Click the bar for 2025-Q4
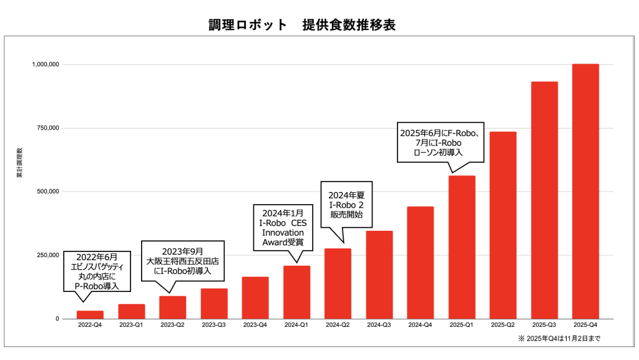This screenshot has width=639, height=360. (x=585, y=191)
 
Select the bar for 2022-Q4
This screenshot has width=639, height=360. (x=90, y=314)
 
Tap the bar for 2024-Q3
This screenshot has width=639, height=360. (x=379, y=275)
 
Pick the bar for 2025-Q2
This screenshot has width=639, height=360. (x=503, y=225)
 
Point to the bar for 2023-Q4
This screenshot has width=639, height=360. (x=255, y=298)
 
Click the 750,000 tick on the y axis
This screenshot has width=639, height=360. (x=46, y=128)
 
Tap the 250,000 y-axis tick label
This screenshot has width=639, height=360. (x=46, y=255)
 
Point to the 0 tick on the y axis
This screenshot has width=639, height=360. (x=57, y=319)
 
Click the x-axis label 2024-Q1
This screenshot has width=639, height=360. (x=296, y=325)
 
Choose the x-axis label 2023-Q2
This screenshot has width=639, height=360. (x=172, y=325)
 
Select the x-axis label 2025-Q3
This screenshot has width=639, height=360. (x=544, y=325)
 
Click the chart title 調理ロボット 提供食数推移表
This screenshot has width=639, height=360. (x=302, y=25)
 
